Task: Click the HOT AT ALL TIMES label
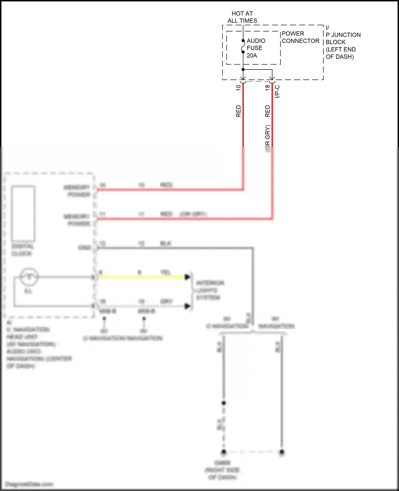pos(242,17)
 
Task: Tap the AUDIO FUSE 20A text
pos(255,48)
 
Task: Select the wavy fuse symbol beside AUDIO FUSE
pos(243,46)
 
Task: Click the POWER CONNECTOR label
pos(300,37)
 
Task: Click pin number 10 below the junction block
pos(238,88)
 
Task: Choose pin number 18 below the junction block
pos(267,88)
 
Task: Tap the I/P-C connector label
pos(277,91)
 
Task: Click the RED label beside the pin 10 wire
pos(238,111)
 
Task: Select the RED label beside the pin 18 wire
pos(267,111)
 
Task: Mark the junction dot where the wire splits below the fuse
pos(243,69)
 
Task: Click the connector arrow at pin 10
pos(243,78)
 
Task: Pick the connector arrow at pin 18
pos(272,78)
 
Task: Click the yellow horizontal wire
pos(141,277)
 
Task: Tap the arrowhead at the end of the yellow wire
pos(188,277)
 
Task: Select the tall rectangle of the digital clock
pos(23,213)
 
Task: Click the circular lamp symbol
pos(29,277)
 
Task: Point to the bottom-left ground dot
pos(224,452)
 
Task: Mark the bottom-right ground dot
pos(282,452)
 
